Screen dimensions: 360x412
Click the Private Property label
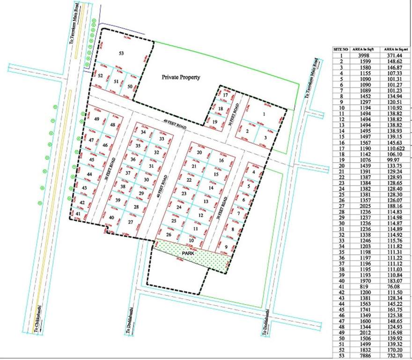coord(181,77)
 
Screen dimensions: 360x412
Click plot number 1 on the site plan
coord(265,113)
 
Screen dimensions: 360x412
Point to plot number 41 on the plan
coord(78,214)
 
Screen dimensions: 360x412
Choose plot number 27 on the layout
coord(131,222)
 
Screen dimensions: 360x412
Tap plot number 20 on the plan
coord(199,152)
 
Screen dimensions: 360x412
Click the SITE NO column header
coord(340,49)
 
